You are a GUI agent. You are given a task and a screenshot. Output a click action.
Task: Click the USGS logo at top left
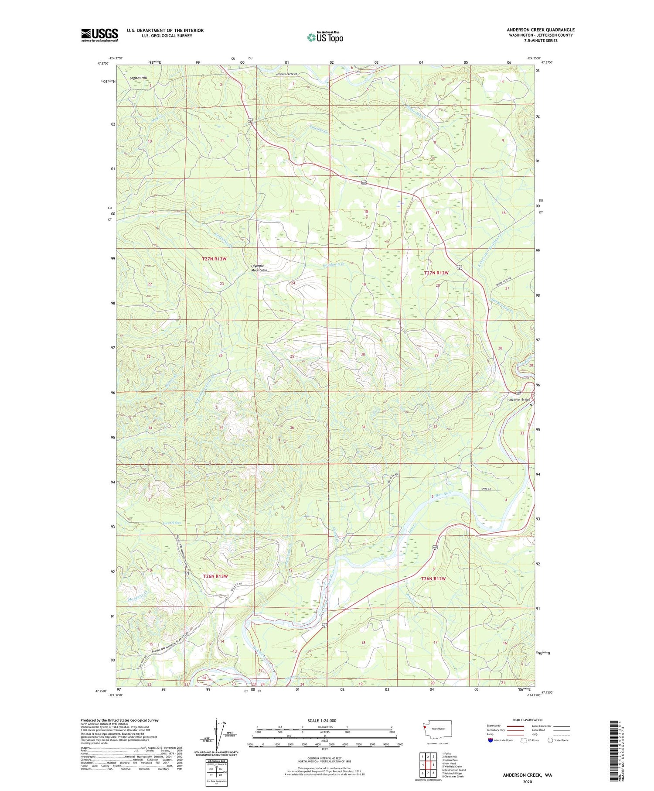[99, 35]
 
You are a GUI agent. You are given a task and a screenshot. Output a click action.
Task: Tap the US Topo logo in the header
[325, 37]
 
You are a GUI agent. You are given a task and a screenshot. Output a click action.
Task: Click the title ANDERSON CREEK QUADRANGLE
[540, 30]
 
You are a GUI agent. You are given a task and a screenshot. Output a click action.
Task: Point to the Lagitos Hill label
[139, 78]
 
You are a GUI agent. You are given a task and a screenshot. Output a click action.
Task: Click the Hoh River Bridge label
[518, 400]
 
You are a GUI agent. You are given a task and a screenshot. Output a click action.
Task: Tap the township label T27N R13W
[214, 259]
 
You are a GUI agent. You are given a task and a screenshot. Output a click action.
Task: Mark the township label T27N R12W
[436, 273]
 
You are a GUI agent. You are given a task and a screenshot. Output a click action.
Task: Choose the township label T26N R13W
[216, 576]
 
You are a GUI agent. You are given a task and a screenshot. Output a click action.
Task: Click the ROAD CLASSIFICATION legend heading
[527, 720]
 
